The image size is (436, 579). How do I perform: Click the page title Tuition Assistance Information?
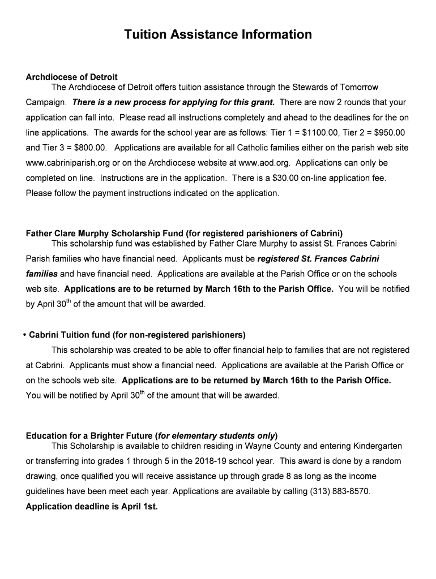tap(218, 35)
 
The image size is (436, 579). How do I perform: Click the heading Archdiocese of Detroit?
tap(72, 77)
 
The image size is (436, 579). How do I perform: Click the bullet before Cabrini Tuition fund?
tap(25, 335)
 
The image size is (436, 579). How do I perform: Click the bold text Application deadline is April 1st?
tap(92, 507)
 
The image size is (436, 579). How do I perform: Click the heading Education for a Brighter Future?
tap(89, 436)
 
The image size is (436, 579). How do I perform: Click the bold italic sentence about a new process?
tap(174, 102)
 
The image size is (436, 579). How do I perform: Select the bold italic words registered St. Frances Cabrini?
tap(318, 259)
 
